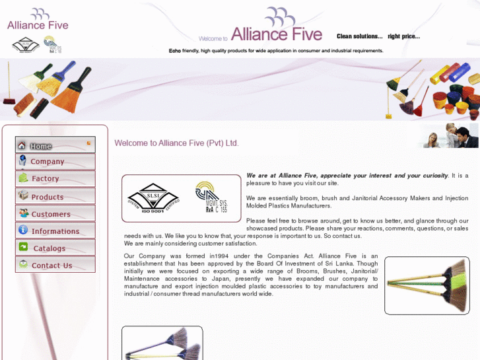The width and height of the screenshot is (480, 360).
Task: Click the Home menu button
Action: (55, 145)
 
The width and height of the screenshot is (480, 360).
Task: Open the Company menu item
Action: (55, 162)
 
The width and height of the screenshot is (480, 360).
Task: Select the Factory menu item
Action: (55, 179)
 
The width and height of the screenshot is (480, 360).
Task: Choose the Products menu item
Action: (55, 197)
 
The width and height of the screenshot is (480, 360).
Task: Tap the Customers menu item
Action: (55, 214)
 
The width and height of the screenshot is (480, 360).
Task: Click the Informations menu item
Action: (55, 231)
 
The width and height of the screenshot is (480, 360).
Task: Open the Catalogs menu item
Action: (55, 248)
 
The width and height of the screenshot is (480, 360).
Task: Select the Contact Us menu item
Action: (55, 266)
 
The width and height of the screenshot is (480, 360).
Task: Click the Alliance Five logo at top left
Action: (38, 20)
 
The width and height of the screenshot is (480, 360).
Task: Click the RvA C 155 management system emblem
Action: (211, 198)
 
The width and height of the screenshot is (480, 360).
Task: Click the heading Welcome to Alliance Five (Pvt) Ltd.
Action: (176, 143)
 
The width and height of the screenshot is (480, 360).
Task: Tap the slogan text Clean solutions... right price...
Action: (378, 36)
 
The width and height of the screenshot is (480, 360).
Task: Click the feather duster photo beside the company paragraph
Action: (427, 285)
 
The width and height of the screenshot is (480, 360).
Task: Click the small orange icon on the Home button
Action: (88, 143)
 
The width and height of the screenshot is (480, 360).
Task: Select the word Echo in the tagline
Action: (174, 51)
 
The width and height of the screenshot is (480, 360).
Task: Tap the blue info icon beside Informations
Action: (23, 230)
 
